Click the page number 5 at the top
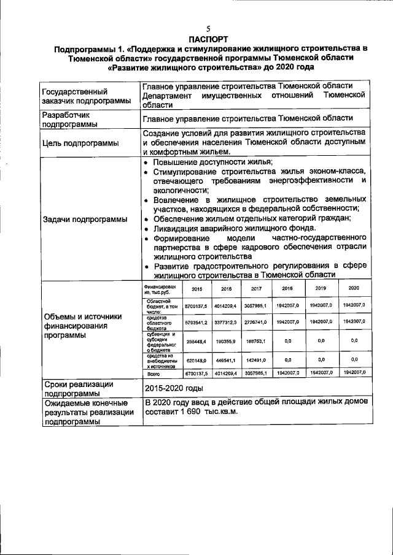tap(208, 29)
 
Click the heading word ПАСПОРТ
tap(208, 38)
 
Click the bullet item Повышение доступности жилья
tap(212, 163)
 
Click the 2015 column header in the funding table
tap(197, 289)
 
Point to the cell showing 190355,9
tap(226, 341)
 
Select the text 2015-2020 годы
tap(173, 388)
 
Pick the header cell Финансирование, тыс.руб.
tap(160, 289)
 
